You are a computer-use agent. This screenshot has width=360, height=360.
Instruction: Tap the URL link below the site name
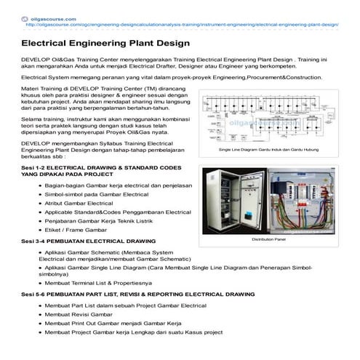point(182,23)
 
